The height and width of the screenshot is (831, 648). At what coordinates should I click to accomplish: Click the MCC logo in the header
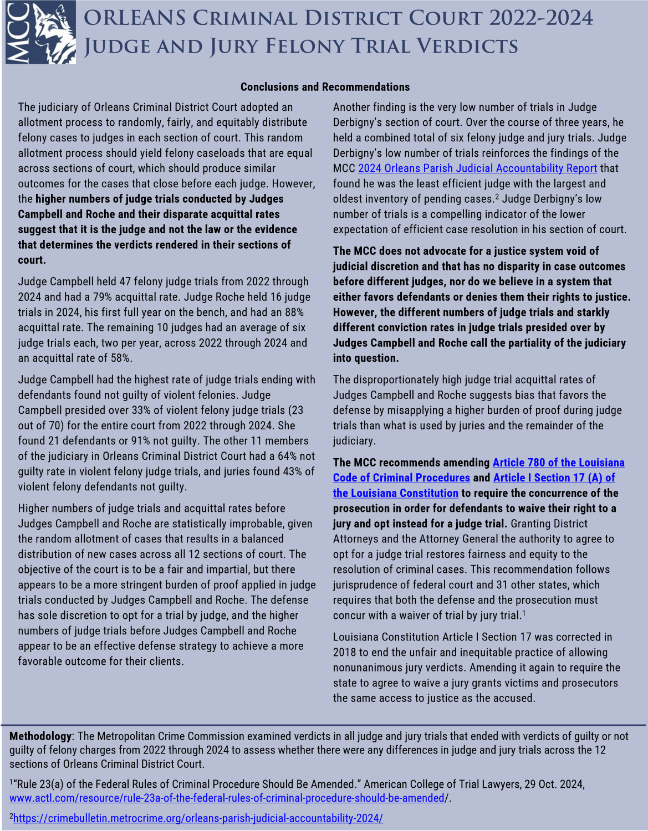(x=40, y=32)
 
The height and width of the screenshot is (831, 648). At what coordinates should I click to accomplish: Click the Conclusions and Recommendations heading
(x=325, y=87)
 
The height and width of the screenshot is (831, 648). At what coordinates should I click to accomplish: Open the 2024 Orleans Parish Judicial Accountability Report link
(x=477, y=168)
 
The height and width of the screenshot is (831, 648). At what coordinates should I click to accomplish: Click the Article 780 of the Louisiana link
(x=558, y=463)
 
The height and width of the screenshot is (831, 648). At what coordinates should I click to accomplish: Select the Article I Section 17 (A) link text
(x=554, y=478)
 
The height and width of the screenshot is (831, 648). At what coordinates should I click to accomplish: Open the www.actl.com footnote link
(x=227, y=798)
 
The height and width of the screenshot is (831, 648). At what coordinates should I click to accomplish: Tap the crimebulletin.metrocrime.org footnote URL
(x=198, y=818)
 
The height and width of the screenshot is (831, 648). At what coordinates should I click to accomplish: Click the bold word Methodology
(x=40, y=736)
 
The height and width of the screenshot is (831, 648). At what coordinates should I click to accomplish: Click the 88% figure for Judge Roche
(x=293, y=312)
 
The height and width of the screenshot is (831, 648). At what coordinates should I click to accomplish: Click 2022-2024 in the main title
(x=541, y=18)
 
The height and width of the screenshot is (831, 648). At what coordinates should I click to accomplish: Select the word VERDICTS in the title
(x=466, y=47)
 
